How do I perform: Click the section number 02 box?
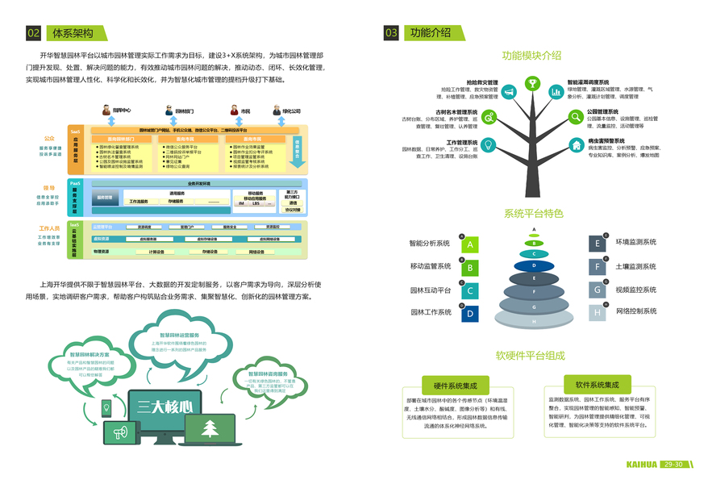(x=33, y=33)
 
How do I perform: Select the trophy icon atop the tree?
(x=532, y=83)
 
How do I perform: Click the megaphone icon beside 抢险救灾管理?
(x=510, y=93)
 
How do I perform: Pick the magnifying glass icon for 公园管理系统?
(x=576, y=117)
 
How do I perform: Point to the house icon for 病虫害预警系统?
(x=576, y=145)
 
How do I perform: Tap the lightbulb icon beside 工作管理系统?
(x=489, y=145)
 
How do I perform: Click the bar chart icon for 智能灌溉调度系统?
(x=556, y=93)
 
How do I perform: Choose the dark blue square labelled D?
(x=470, y=314)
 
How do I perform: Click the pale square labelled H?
(x=598, y=313)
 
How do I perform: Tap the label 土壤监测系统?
(x=635, y=266)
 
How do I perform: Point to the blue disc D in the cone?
(x=534, y=265)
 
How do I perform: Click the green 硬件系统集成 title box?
(x=456, y=386)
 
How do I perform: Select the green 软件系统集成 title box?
(x=598, y=386)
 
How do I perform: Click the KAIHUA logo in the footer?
(x=643, y=465)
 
